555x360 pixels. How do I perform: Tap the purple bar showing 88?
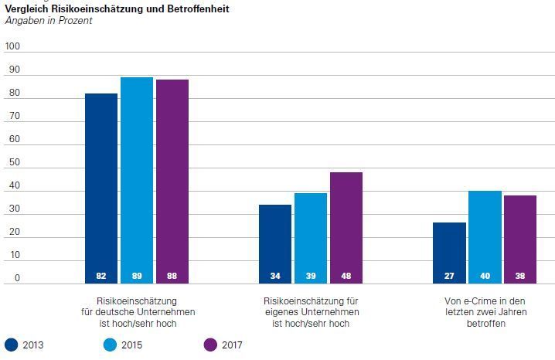172,182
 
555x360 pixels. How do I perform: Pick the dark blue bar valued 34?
275,243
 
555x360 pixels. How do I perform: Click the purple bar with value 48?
346,228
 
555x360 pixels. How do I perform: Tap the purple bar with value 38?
520,239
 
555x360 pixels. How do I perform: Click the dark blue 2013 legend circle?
12,345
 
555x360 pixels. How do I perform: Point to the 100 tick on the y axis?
12,46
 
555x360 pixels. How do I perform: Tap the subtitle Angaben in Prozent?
49,21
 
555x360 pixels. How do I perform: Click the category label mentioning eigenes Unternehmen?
311,312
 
